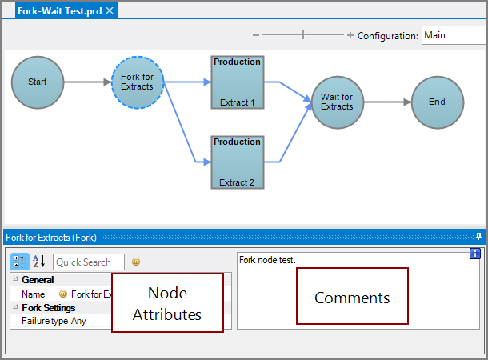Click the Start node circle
click(x=38, y=82)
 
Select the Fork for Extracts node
click(x=138, y=82)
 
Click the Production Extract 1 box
click(x=238, y=82)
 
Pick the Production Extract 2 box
click(x=238, y=162)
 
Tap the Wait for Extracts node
click(x=337, y=102)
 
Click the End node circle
click(x=437, y=102)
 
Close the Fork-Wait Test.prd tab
click(x=110, y=10)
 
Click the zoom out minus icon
click(x=256, y=35)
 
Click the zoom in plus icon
click(x=350, y=35)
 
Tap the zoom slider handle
click(x=302, y=35)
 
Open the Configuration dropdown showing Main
click(x=454, y=35)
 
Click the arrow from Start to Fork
click(x=87, y=82)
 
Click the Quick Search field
click(x=89, y=262)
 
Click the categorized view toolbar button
click(x=20, y=262)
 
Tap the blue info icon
click(x=474, y=254)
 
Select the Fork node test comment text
click(x=267, y=260)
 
